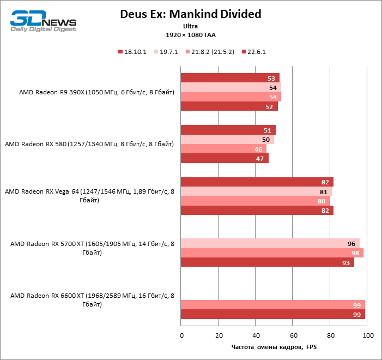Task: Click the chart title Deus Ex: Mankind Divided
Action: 191,14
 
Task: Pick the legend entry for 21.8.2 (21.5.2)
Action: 214,52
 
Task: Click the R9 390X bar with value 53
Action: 229,78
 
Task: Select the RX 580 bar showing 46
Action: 223,148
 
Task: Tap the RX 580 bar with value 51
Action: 228,130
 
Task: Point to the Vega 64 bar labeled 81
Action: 256,191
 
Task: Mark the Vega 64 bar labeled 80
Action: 255,201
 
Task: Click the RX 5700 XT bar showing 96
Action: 270,244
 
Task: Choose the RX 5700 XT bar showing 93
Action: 267,262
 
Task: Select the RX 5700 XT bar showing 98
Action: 271,253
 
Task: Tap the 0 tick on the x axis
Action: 181,335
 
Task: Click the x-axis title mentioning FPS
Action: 274,347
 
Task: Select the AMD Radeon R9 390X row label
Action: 96,92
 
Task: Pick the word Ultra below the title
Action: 191,26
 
